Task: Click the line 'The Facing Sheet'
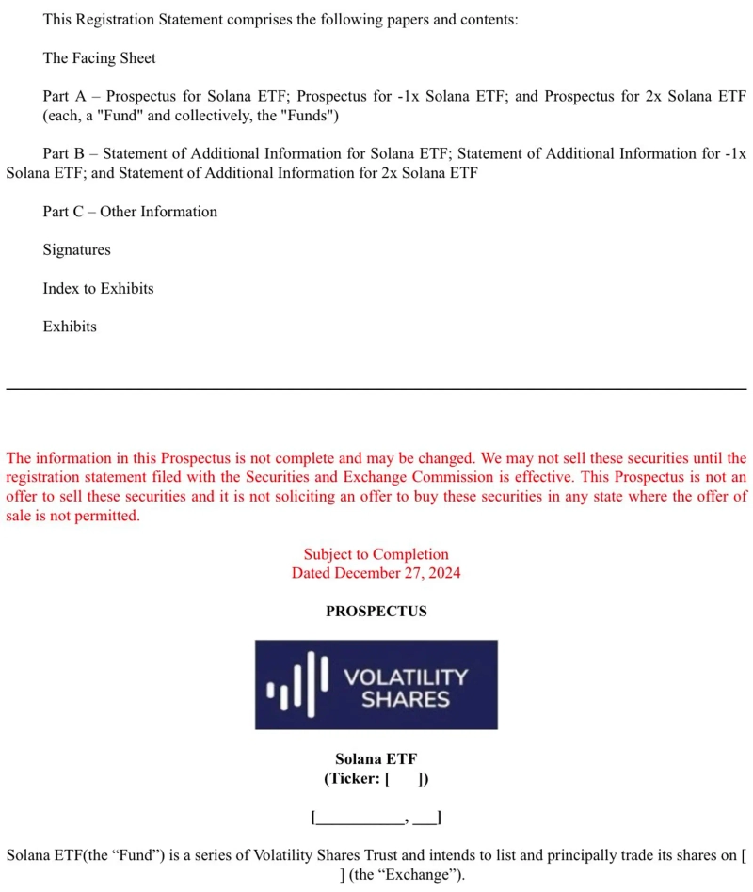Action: (99, 58)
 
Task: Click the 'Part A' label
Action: (64, 97)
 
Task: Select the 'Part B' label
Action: (64, 154)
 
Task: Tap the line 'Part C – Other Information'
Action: (130, 212)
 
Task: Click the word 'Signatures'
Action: (76, 250)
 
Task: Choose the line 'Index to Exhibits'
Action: (98, 289)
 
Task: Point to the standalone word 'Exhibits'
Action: (70, 327)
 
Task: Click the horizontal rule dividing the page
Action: (376, 388)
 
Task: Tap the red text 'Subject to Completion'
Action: (376, 554)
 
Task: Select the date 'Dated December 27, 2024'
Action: (376, 573)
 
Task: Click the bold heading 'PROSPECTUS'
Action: (376, 612)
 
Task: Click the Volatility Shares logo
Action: (376, 684)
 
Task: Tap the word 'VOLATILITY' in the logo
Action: (406, 677)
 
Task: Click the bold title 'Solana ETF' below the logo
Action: (376, 759)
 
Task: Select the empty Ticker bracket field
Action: (407, 779)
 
